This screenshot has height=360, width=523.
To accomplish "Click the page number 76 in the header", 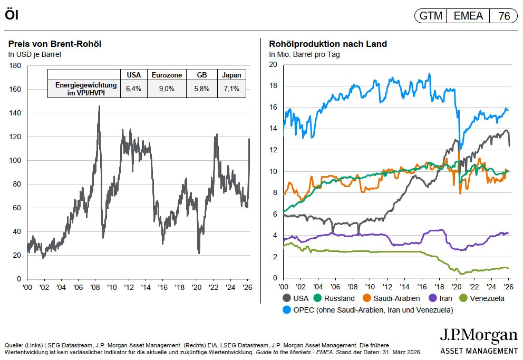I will point(504,16).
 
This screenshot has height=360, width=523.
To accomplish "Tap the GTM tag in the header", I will point(431,16).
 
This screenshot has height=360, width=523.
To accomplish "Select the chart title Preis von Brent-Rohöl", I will point(55,44).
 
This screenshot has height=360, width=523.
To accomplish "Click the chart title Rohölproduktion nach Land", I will point(328,44).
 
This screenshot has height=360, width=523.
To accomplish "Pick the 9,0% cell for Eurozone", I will point(167,89).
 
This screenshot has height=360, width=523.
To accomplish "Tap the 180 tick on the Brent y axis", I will point(15,65).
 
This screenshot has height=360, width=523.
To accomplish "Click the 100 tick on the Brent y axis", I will point(15,160).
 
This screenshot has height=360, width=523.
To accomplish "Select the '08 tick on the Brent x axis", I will point(95,288).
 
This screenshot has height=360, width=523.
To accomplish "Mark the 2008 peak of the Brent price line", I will point(99,106).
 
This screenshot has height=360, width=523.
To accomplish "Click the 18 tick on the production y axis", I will point(273,86).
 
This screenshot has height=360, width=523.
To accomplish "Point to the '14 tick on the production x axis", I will point(404,287).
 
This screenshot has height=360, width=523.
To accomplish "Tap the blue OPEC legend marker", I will point(287,310).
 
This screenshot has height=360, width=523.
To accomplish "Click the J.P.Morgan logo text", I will point(479,336).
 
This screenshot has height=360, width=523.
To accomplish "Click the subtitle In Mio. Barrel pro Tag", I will point(304,54).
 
